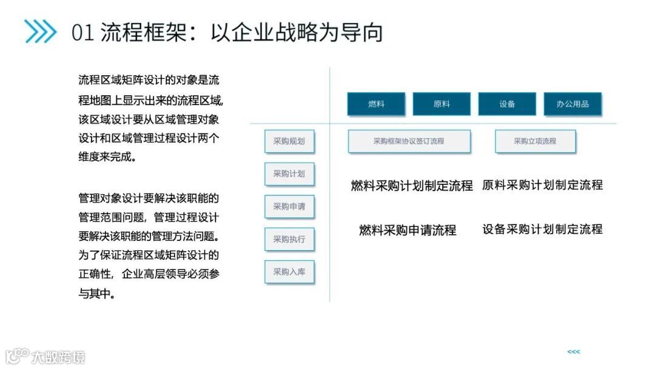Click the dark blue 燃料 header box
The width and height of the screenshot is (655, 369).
(376, 104)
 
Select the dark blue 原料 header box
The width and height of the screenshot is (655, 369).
(442, 104)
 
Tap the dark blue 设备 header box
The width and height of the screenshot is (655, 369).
(507, 104)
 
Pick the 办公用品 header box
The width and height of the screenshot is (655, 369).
(573, 104)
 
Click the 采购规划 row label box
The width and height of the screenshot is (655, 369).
(289, 141)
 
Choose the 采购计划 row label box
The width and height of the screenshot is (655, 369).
(289, 174)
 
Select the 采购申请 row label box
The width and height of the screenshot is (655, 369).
(289, 206)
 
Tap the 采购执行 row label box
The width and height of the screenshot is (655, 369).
(289, 239)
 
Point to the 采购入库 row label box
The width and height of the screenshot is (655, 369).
(289, 272)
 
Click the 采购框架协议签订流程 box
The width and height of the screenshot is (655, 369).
(409, 141)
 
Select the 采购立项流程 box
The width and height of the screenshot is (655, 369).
(535, 141)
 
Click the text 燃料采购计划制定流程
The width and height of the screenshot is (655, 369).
(412, 186)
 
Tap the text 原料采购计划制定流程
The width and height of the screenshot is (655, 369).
(542, 185)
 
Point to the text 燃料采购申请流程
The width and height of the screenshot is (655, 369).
(408, 230)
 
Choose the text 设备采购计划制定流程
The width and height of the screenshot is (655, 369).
(542, 229)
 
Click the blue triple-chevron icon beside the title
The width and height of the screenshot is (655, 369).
(40, 32)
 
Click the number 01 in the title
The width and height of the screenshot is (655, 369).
(83, 32)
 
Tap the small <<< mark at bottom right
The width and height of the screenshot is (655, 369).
(573, 352)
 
